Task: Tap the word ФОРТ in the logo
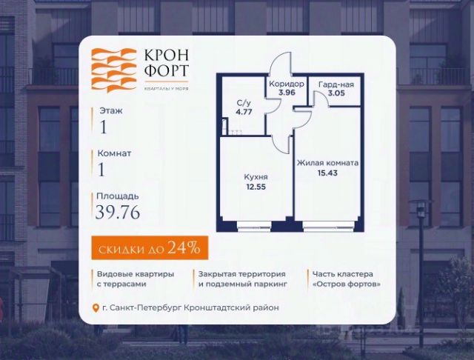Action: tap(162, 73)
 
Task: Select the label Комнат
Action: tap(114, 153)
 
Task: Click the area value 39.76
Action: tap(117, 212)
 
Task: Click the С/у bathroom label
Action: tap(243, 104)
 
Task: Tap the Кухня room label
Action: tap(256, 177)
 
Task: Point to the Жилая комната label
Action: tap(327, 163)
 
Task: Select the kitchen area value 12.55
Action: tap(256, 187)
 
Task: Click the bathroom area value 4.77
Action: tap(243, 114)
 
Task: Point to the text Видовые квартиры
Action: tap(135, 274)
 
